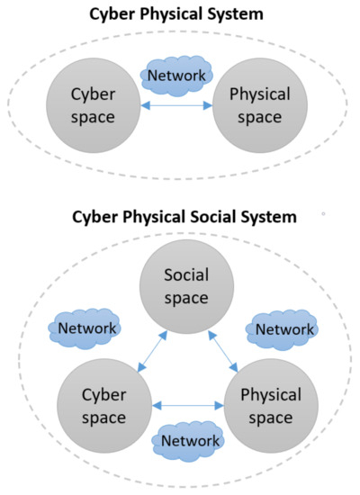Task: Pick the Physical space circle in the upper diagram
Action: click(x=259, y=104)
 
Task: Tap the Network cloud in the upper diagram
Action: click(x=177, y=76)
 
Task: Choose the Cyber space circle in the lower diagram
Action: click(x=103, y=408)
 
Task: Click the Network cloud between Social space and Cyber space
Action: click(x=86, y=328)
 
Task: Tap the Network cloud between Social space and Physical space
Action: click(x=284, y=329)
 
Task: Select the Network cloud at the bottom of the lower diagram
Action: click(x=190, y=441)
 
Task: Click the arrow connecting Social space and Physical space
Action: click(x=220, y=351)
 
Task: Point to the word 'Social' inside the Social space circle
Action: click(x=185, y=278)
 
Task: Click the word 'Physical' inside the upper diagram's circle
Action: click(x=259, y=94)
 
